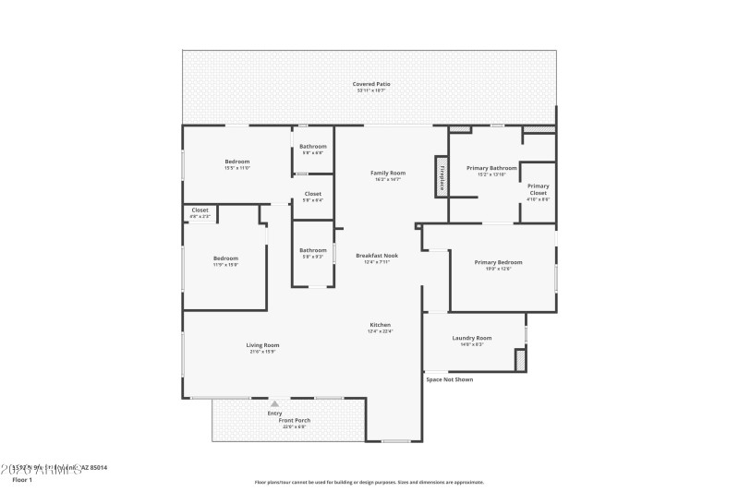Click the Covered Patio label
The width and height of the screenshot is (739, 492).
[x=371, y=84]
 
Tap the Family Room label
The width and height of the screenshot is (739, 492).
[x=388, y=174]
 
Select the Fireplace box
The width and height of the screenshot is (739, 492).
[x=442, y=176]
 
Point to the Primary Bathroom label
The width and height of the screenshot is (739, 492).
[x=491, y=168]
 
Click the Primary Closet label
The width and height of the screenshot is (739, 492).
[x=538, y=189]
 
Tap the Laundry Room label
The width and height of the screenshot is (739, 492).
[x=471, y=338]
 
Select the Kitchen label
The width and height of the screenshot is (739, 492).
[x=381, y=325]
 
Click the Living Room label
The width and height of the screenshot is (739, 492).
[x=262, y=345]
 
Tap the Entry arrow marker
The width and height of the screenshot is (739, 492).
[x=274, y=403]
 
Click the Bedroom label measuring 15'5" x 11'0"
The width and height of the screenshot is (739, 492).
[x=237, y=162]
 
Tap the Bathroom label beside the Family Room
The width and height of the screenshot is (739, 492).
[x=312, y=147]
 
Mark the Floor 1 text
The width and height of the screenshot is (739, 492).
[x=21, y=480]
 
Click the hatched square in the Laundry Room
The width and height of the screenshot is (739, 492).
[x=520, y=359]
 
